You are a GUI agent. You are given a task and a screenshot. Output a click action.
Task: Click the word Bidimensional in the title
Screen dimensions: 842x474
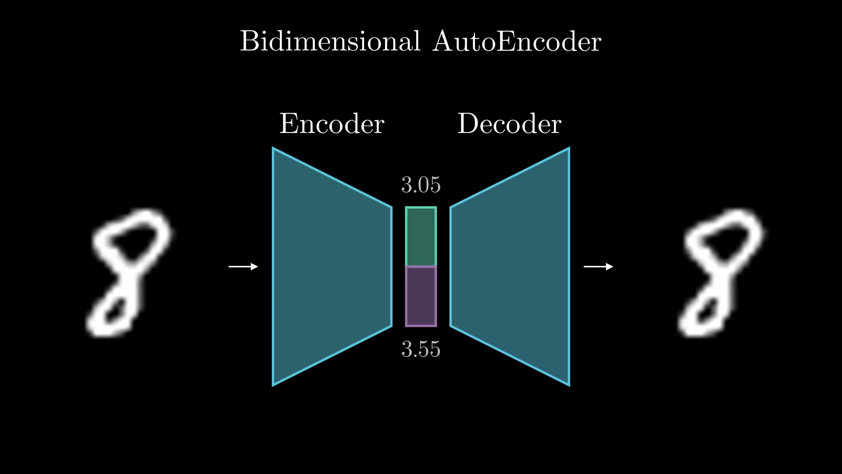point(330,41)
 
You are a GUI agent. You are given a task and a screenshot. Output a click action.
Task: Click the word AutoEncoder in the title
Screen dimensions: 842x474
point(517,41)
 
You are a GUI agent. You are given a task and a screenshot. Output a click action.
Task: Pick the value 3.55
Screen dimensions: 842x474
point(421,349)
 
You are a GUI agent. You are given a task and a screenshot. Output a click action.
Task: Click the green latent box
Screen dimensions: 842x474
point(421,237)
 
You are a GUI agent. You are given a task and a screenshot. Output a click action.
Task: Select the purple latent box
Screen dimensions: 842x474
point(421,296)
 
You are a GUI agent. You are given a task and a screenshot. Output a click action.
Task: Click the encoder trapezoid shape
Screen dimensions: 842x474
point(332,266)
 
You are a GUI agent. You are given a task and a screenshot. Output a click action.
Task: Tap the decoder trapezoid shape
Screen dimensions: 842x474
point(510,266)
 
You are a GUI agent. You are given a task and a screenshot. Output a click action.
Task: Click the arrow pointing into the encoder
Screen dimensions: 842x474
point(243,266)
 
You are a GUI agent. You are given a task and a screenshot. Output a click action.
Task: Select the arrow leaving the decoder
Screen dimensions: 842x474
point(599,266)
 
